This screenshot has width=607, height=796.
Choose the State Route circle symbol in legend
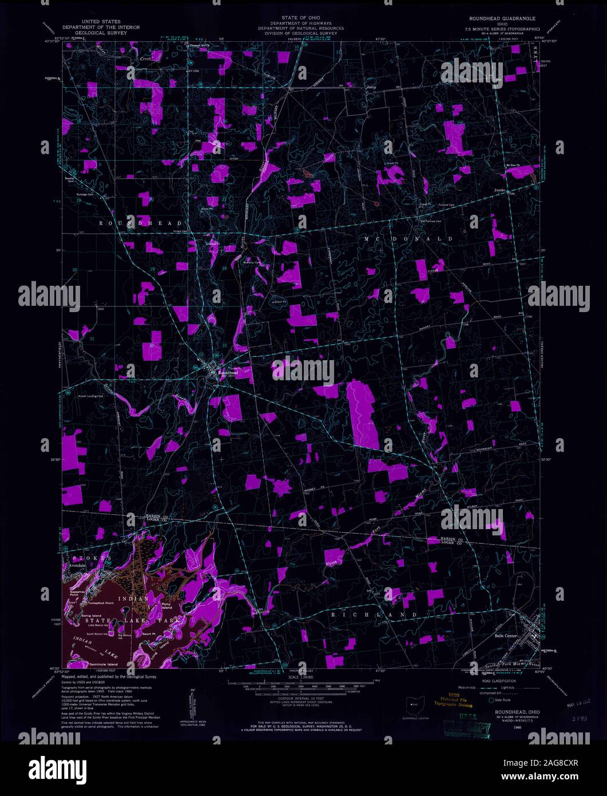point(490,699)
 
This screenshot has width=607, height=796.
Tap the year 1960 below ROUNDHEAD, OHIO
point(501,728)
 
